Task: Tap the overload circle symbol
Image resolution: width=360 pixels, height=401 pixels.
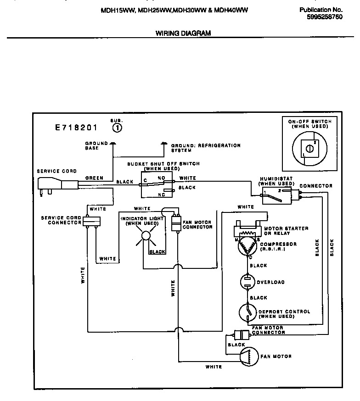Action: pyautogui.click(x=248, y=282)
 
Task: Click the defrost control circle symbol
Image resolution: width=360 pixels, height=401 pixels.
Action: pyautogui.click(x=248, y=314)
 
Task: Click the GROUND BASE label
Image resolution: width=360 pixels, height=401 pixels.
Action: pyautogui.click(x=96, y=146)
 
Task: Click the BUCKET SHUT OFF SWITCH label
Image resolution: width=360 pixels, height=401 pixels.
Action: pyautogui.click(x=163, y=166)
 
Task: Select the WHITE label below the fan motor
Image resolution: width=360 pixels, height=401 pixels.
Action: pyautogui.click(x=214, y=367)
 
